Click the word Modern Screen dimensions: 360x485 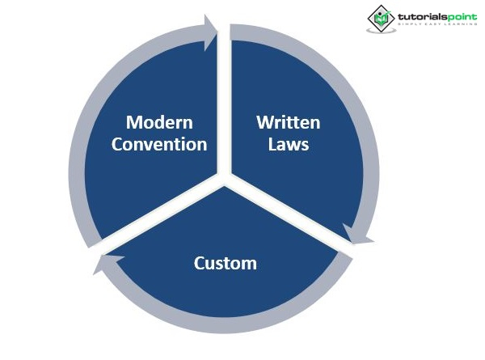[x=159, y=123]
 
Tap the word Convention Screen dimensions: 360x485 [x=159, y=145]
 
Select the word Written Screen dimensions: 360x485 [x=289, y=123]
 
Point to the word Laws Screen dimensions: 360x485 [x=289, y=145]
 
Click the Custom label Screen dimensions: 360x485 [x=226, y=263]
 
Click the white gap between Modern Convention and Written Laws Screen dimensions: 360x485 [x=225, y=97]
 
